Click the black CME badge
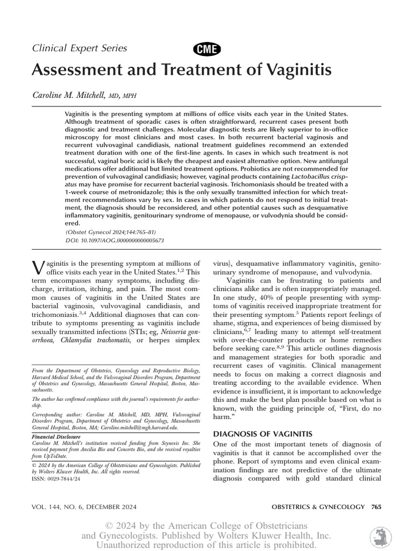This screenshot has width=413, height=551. (x=206, y=49)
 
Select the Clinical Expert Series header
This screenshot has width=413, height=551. (x=80, y=48)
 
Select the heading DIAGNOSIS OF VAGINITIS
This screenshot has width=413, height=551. (x=260, y=434)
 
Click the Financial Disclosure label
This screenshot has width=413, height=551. (x=54, y=437)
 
